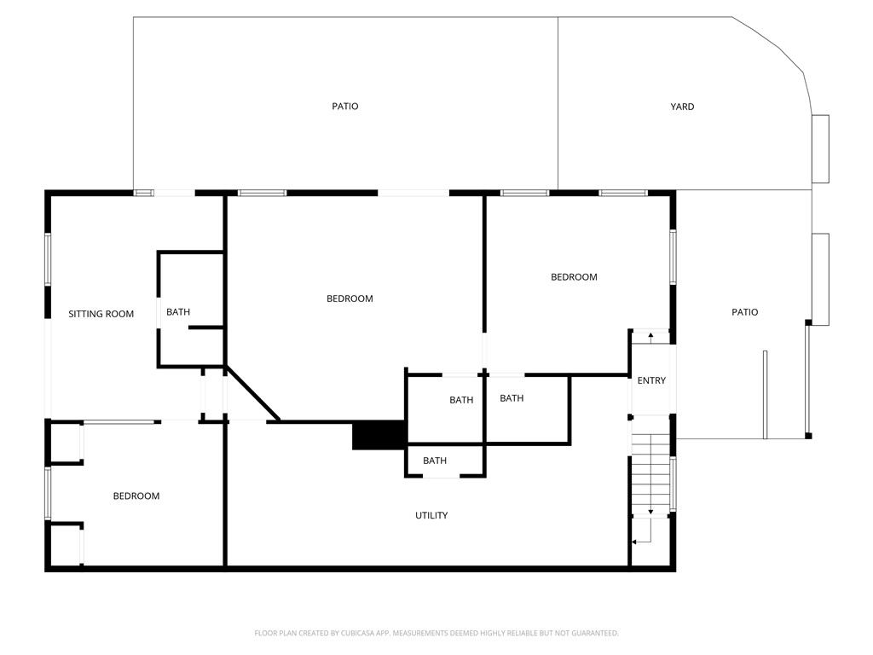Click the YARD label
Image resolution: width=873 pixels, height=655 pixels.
682,107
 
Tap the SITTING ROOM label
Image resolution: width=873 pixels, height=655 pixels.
101,314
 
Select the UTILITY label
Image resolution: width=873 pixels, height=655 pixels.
431,515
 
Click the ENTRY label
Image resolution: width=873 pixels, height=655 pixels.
651,380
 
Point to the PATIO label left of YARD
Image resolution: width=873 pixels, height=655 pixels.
345,107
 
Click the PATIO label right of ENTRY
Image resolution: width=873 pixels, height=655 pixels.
744,312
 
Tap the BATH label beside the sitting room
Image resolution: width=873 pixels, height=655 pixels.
178,312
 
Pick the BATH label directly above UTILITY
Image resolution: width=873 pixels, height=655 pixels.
435,461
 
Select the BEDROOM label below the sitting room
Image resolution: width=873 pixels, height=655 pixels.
136,496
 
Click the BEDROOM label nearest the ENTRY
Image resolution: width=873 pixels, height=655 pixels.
574,277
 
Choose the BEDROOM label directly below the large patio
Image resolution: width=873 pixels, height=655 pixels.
350,299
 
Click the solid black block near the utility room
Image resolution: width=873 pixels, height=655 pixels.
379,435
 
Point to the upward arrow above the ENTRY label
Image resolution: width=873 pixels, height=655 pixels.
651,336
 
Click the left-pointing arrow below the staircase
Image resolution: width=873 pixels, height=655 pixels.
636,542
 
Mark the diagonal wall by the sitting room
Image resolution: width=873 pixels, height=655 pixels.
252,394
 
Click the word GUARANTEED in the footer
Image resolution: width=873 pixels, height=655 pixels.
592,633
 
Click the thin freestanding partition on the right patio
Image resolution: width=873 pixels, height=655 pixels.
765,394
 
